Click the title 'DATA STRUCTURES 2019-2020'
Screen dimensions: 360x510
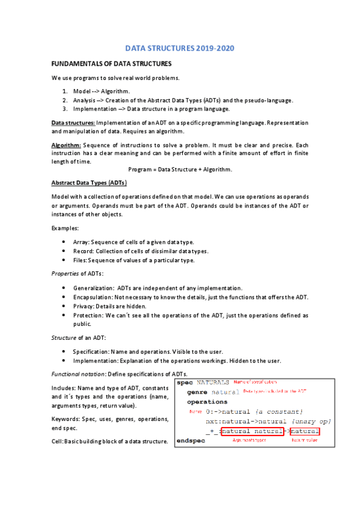[180, 48]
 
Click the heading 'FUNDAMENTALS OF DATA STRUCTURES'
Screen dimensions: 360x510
[112, 64]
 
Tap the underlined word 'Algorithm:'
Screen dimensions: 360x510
[66, 146]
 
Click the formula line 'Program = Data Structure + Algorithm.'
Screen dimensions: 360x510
[180, 170]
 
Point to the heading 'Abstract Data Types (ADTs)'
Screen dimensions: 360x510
[89, 182]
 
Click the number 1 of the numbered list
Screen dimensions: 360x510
[64, 91]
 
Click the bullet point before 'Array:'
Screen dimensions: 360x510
[64, 242]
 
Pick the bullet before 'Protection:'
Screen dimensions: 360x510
[64, 315]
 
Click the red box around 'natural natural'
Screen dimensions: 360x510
[252, 431]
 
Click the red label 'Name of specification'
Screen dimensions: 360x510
[255, 382]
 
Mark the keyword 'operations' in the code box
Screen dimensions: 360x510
[207, 401]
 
